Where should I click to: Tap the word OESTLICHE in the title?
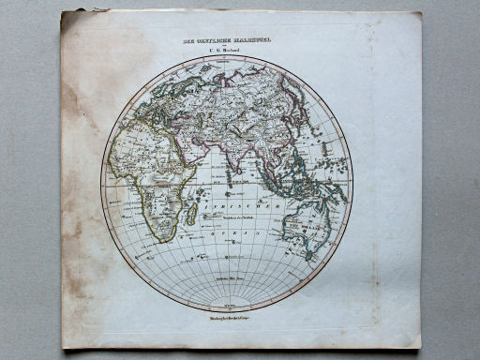click(x=206, y=40)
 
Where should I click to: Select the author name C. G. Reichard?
click(x=226, y=51)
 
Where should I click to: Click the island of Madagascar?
click(x=191, y=215)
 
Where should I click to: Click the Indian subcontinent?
click(x=233, y=154)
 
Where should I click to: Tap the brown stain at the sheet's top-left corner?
click(x=75, y=28)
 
